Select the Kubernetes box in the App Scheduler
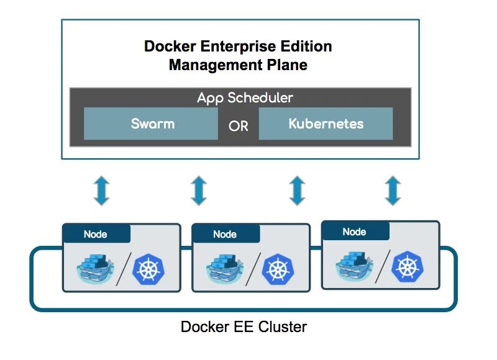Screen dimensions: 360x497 pos(326,124)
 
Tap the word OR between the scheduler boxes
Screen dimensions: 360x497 pos(238,126)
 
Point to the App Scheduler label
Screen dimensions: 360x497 pos(245,97)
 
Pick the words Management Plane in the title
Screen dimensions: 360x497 pos(238,65)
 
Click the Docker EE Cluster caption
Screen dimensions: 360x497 pos(244,326)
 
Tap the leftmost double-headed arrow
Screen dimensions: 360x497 pos(101,190)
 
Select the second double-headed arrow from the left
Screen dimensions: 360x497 pos(198,190)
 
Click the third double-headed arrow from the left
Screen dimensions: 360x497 pos(297,190)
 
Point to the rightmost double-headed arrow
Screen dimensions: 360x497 pos(392,190)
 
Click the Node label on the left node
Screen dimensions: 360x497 pos(96,234)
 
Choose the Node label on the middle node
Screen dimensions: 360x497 pos(225,234)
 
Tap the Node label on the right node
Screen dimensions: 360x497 pos(354,232)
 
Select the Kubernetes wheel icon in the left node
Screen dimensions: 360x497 pos(148,268)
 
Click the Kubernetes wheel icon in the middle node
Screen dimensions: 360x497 pos(277,268)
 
